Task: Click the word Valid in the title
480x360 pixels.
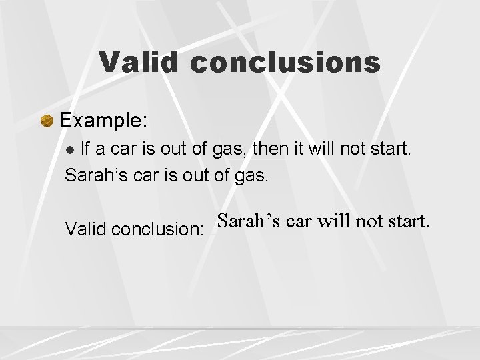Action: [139, 62]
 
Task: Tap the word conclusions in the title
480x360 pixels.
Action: [285, 62]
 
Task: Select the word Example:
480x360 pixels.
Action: [103, 121]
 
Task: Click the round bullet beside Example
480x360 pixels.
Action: [47, 121]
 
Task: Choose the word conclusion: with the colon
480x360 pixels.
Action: [158, 229]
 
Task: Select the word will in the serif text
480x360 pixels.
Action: [333, 221]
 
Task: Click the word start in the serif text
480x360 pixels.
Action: [406, 221]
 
